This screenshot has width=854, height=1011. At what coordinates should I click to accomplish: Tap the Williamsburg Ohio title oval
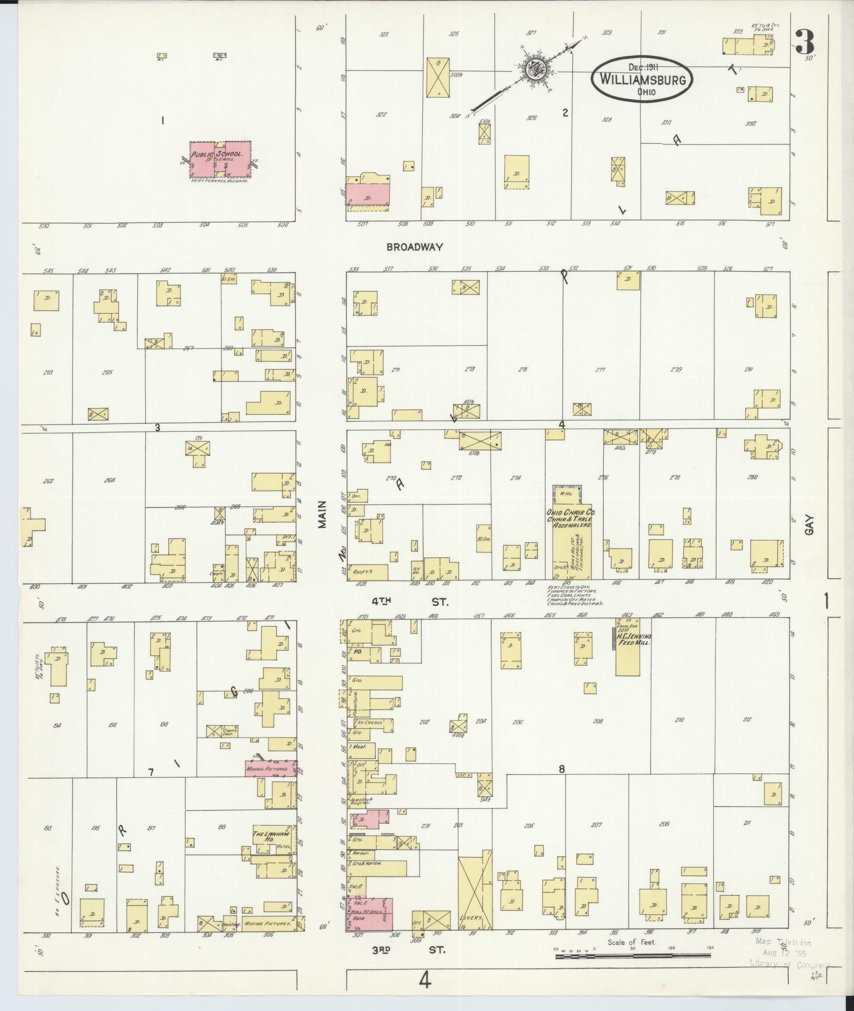642,80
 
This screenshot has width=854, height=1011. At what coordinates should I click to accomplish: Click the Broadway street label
415,247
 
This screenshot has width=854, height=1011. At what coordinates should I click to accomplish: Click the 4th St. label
410,602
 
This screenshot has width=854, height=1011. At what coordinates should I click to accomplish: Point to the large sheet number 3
804,42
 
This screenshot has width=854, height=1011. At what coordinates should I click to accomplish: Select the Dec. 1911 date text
643,67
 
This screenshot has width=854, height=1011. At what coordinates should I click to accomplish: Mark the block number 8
561,770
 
